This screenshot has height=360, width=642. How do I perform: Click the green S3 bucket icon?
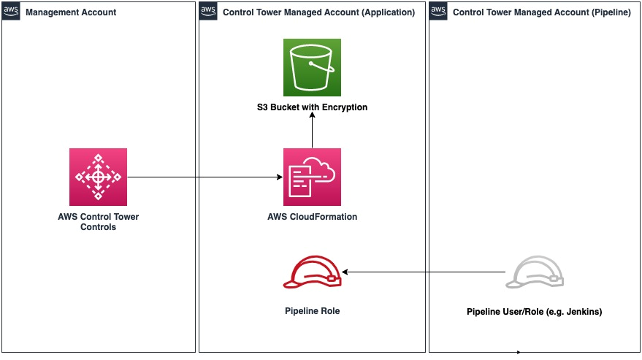coord(312,66)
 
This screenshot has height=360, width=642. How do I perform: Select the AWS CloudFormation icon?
coord(312,177)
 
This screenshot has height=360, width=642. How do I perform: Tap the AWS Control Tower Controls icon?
coord(98,177)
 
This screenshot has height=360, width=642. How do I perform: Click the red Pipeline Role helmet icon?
coord(312,272)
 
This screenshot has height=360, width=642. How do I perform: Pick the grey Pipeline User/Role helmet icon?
coord(535,272)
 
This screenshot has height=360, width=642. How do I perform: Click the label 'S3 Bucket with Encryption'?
coord(312,107)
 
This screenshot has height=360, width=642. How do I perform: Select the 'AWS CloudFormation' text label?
coord(312,217)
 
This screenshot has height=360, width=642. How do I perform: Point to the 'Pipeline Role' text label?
coord(312,311)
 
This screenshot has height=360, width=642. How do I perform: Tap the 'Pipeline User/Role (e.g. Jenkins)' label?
coord(535,312)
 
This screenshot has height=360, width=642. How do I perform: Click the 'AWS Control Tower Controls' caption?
coord(98,222)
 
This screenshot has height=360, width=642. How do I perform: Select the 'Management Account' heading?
coord(71,12)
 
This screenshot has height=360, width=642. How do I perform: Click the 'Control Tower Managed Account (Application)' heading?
coord(318,12)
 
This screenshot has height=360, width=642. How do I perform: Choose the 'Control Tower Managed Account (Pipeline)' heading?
coord(542,12)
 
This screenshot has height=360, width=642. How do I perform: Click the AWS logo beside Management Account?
coord(11,11)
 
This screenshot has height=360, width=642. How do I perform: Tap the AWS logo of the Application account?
coord(208,11)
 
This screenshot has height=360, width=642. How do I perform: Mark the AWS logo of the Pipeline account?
coord(438,11)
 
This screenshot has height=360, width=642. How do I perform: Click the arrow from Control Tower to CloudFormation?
coord(205,177)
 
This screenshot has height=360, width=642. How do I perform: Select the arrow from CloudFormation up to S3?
coord(312,131)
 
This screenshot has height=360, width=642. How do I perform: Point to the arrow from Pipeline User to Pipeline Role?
coord(424,272)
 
